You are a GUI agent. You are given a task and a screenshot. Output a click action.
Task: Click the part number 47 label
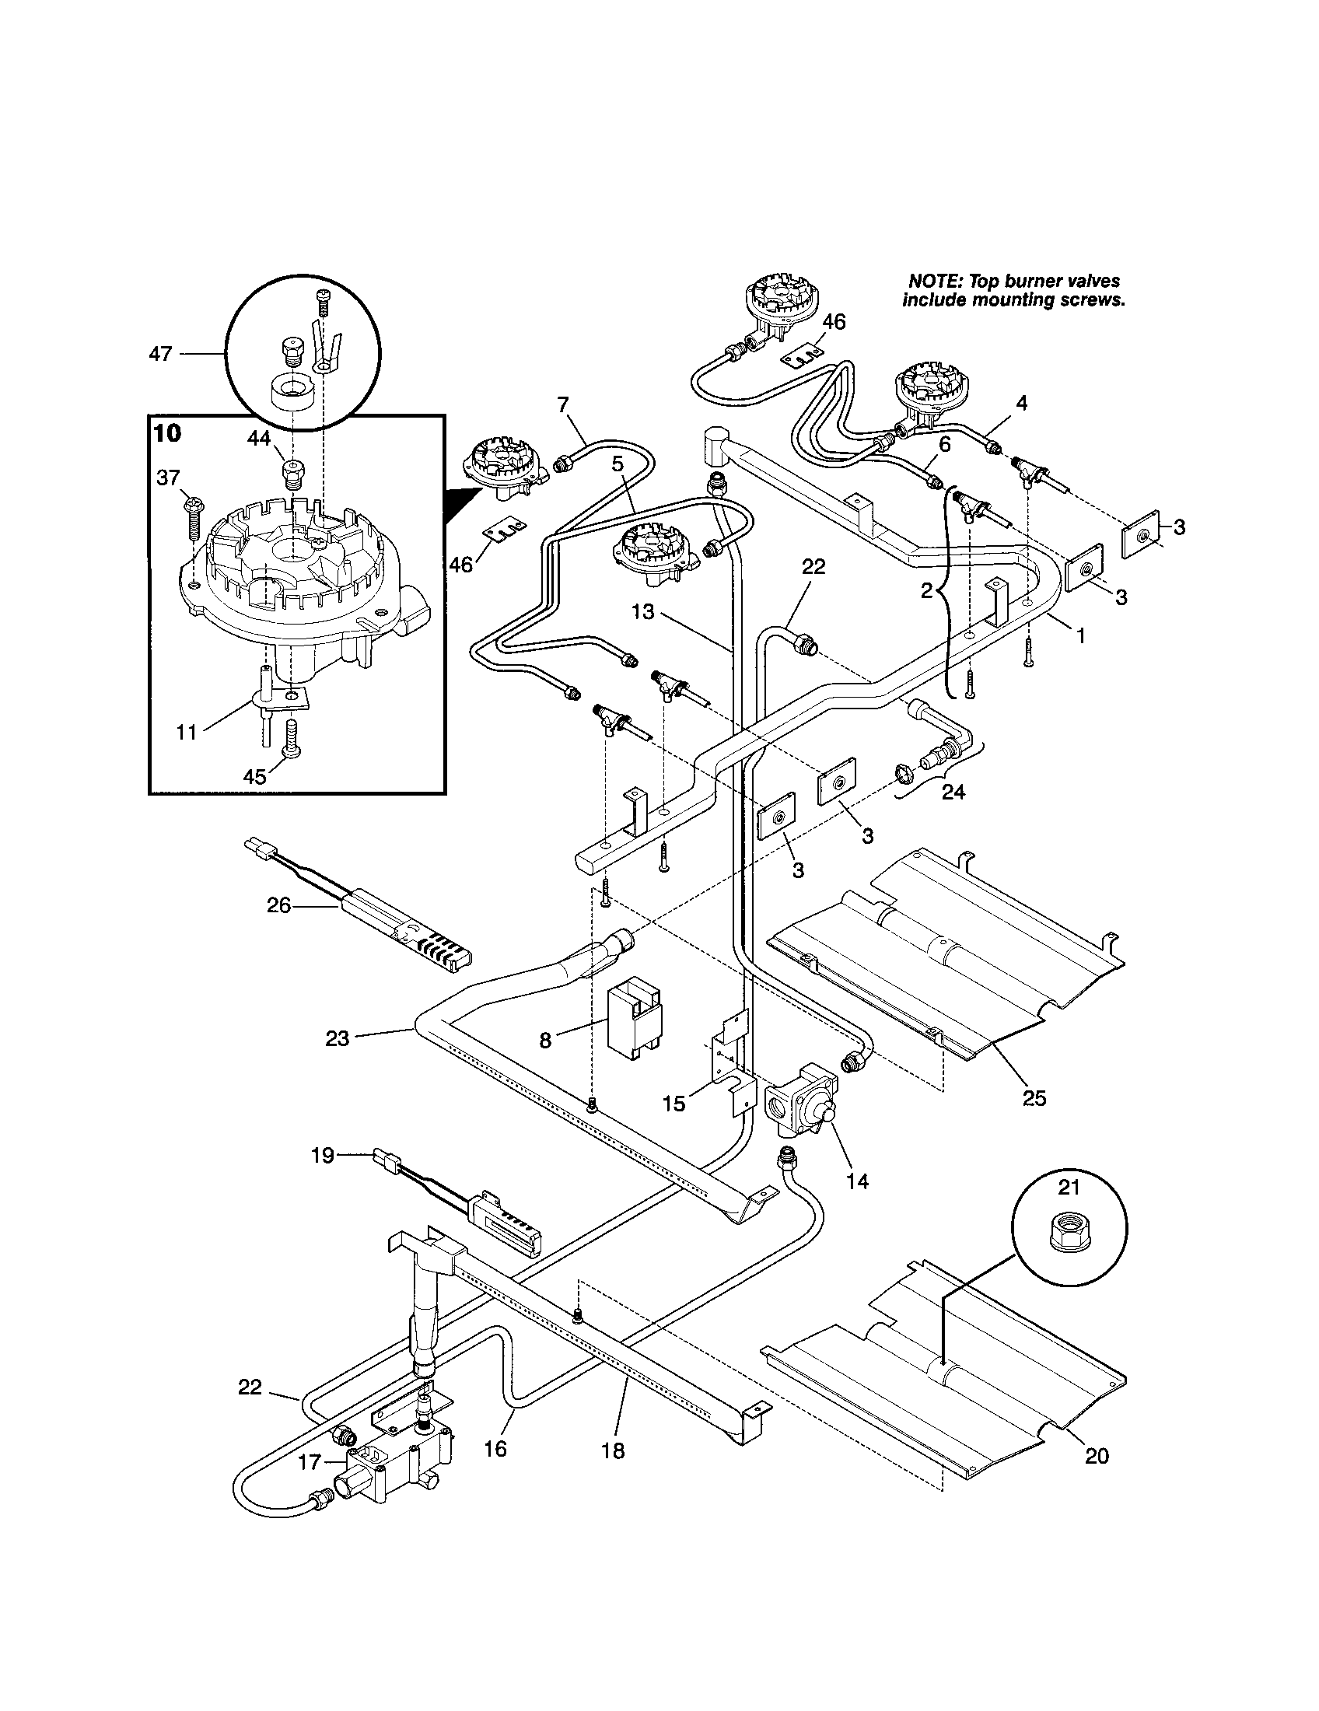159,354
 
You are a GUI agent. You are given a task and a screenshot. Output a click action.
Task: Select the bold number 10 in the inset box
168,433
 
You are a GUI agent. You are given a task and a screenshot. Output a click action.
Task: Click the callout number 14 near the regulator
858,1181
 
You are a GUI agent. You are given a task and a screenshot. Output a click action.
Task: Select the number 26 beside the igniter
279,905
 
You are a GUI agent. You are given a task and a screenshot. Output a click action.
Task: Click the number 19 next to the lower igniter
323,1155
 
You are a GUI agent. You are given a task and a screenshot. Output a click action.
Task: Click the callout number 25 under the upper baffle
1034,1098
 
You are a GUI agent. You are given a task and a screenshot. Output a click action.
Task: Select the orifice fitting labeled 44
292,472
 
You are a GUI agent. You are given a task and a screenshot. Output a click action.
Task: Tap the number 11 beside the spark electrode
187,733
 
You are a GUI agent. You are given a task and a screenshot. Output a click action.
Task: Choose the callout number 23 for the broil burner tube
337,1040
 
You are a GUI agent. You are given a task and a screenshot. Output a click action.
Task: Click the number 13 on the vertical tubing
642,611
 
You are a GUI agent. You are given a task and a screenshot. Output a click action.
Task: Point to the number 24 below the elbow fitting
953,792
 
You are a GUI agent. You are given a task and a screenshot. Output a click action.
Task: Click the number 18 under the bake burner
613,1451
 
